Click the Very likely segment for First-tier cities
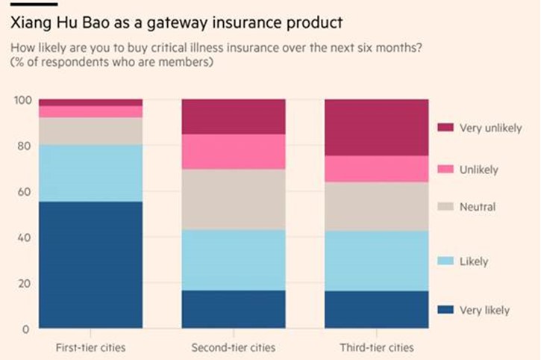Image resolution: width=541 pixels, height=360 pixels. point(90,264)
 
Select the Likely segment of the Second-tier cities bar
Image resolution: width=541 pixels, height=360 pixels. point(234,259)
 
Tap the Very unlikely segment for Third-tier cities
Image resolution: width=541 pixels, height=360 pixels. point(376,127)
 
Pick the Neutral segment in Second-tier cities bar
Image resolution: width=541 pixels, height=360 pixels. point(234,199)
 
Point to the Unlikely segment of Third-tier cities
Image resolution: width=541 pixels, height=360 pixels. point(376,169)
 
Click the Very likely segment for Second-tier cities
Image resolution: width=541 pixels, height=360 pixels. point(234,309)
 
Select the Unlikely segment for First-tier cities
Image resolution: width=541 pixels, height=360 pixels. point(90,111)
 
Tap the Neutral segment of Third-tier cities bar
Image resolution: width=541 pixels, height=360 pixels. point(376,206)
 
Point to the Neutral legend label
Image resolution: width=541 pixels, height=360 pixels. point(478,207)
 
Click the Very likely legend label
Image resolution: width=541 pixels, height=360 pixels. point(485,310)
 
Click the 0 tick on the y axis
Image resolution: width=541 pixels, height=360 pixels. point(25,329)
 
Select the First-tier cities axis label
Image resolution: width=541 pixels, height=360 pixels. point(90,348)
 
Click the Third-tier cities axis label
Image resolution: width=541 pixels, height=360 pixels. point(376,348)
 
